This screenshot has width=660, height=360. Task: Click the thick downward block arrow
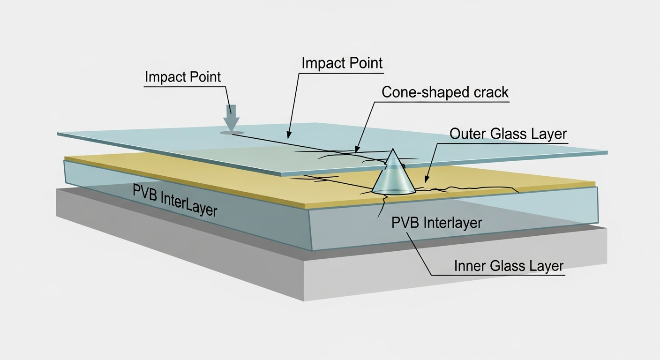pyautogui.click(x=231, y=117)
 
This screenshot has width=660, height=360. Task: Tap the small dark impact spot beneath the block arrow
pyautogui.click(x=232, y=133)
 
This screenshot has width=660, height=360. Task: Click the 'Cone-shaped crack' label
pyautogui.click(x=445, y=92)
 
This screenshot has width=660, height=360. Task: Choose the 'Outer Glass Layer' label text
pyautogui.click(x=508, y=134)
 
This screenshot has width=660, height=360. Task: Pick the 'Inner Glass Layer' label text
pyautogui.click(x=509, y=266)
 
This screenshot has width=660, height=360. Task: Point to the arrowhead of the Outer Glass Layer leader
pyautogui.click(x=425, y=180)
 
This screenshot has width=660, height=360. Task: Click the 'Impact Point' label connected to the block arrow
pyautogui.click(x=182, y=77)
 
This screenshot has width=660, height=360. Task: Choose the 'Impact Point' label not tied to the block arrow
pyautogui.click(x=342, y=63)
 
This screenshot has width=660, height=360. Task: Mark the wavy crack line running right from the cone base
pyautogui.click(x=469, y=189)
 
